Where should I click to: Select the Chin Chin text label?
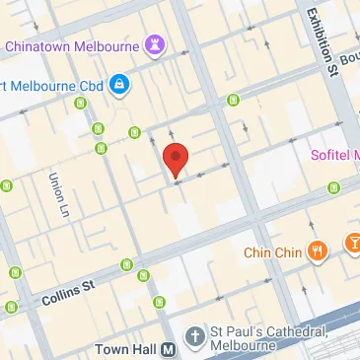click(271, 252)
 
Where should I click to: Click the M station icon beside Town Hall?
click(169, 349)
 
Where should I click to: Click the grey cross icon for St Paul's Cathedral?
click(194, 337)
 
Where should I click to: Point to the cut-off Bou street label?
click(350, 58)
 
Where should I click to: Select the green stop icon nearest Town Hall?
click(159, 301)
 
